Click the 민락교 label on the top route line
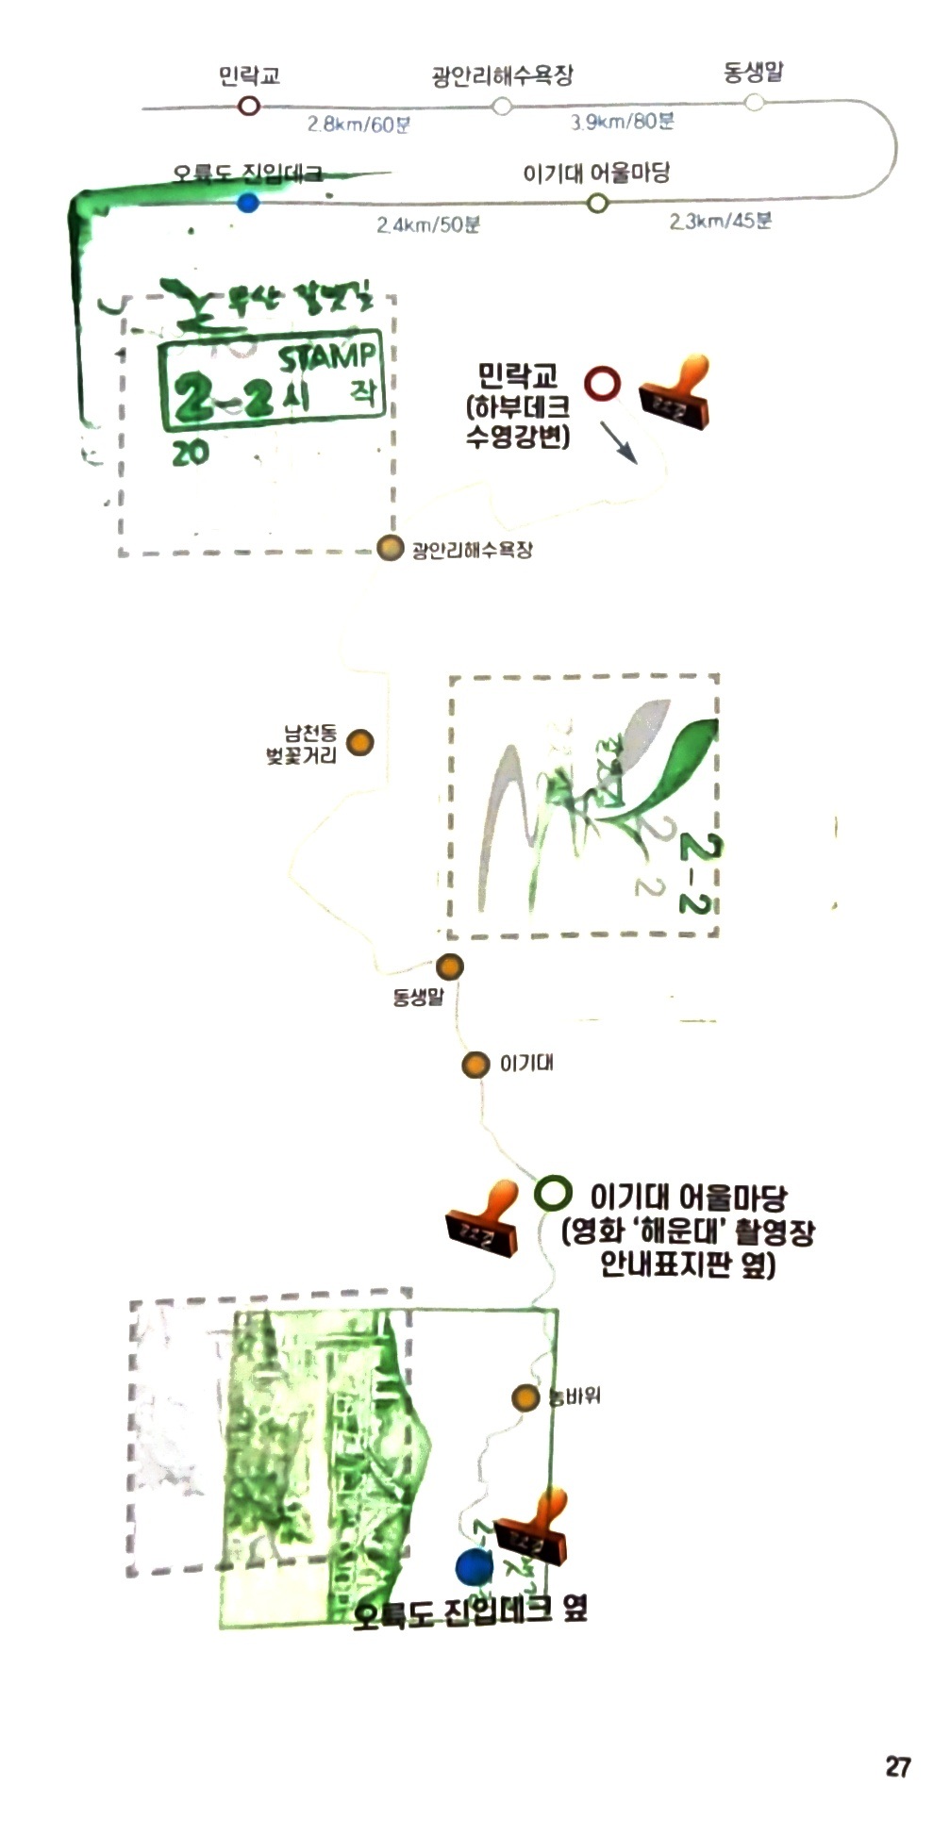point(249,75)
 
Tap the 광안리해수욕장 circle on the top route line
point(502,106)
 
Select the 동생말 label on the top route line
point(753,73)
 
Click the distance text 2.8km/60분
point(358,124)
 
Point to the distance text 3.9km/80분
point(622,122)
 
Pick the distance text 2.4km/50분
point(428,224)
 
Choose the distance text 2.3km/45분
point(721,222)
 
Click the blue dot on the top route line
point(247,203)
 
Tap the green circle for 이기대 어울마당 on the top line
point(596,203)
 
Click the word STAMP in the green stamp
point(326,358)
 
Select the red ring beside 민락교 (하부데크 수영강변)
point(602,384)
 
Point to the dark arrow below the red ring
point(619,441)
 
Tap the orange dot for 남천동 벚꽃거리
point(359,743)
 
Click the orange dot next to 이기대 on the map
point(475,1065)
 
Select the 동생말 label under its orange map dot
point(417,997)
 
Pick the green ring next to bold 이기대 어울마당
point(553,1193)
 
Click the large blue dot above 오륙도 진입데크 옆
point(474,1566)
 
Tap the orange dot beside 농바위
point(525,1397)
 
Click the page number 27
point(897,1765)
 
